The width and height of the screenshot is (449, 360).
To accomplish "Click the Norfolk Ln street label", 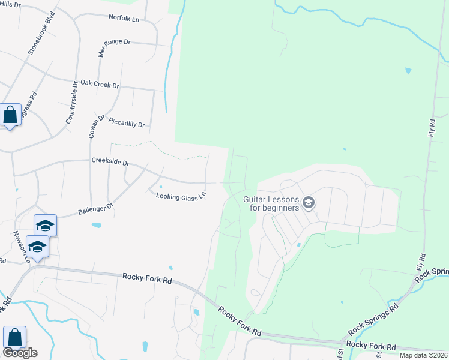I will (124, 19).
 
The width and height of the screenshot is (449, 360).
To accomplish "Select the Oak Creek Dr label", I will (100, 84).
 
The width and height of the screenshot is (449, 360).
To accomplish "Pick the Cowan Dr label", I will (96, 127).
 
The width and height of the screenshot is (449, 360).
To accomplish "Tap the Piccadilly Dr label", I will (127, 123).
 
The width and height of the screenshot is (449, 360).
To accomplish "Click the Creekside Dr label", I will (110, 162).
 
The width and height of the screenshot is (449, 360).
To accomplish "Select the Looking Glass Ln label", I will (181, 196).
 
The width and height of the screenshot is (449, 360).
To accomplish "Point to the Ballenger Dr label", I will (96, 209).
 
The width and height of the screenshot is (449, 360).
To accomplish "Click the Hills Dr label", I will (10, 5).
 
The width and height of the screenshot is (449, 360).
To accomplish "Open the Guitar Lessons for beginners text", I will (271, 203).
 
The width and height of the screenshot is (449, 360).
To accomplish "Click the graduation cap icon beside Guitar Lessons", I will (309, 203).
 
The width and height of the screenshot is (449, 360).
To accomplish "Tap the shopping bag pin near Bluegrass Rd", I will (11, 114).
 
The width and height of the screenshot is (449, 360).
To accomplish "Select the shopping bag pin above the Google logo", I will (14, 336).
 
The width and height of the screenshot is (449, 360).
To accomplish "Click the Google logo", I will (20, 353).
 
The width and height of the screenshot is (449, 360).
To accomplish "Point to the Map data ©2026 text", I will (423, 355).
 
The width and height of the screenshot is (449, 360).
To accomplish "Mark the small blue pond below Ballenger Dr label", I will (97, 226).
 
